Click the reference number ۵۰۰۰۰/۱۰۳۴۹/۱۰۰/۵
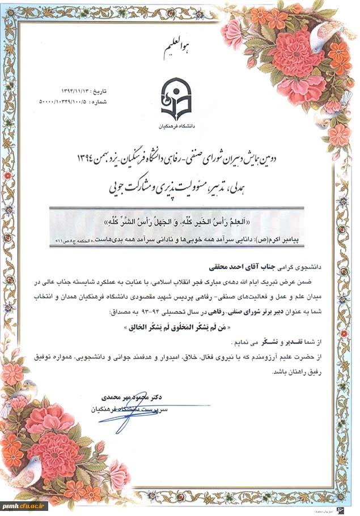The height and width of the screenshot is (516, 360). (x=74, y=102)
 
